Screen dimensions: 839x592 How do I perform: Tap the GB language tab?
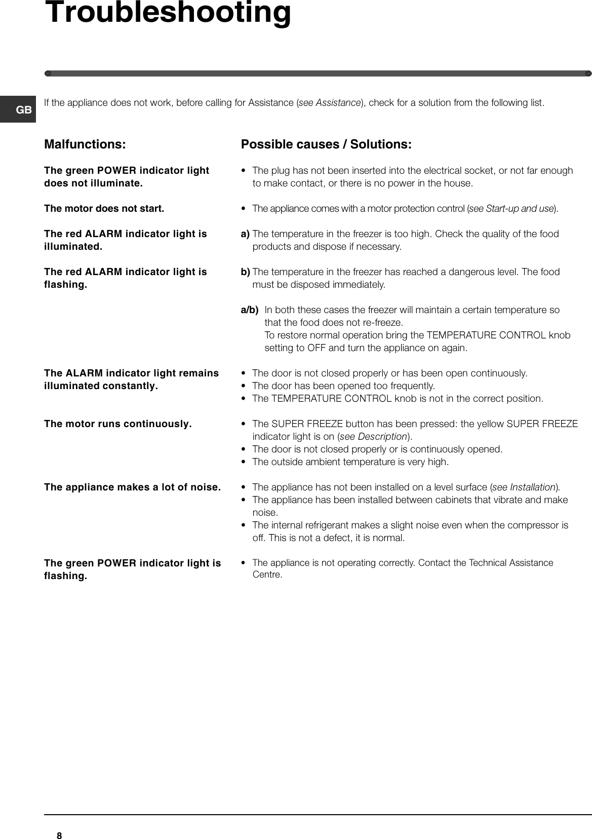click(x=24, y=109)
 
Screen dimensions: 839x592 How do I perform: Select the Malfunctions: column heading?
click(x=85, y=144)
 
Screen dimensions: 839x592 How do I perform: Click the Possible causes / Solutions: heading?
click(x=326, y=144)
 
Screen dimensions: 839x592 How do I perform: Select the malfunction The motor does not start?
click(x=104, y=208)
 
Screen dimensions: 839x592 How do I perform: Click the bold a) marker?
click(x=245, y=234)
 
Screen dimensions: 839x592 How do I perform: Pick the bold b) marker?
click(x=245, y=272)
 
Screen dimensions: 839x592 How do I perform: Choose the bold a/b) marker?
click(x=249, y=310)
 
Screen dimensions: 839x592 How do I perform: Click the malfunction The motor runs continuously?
click(x=118, y=424)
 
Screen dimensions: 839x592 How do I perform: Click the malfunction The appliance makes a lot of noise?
click(x=132, y=487)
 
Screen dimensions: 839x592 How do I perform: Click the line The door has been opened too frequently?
click(x=343, y=386)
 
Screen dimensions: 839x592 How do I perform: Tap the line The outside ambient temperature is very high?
click(x=350, y=462)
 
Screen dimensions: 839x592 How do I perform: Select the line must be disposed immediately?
click(x=319, y=285)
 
